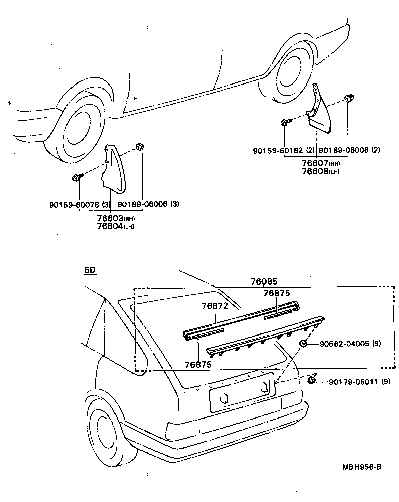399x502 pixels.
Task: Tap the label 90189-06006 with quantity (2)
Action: pos(344,150)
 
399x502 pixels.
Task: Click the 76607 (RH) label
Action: pos(315,163)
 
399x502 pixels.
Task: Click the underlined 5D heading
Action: pos(90,270)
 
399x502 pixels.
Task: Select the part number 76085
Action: pos(264,282)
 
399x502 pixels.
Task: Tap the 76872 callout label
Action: pos(215,305)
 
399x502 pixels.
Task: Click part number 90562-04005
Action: pos(342,344)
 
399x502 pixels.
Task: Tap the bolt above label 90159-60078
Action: pos(77,178)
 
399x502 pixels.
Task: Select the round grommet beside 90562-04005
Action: pos(304,344)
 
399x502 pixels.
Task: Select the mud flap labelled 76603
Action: pos(114,169)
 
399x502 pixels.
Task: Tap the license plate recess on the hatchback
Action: pos(241,392)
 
